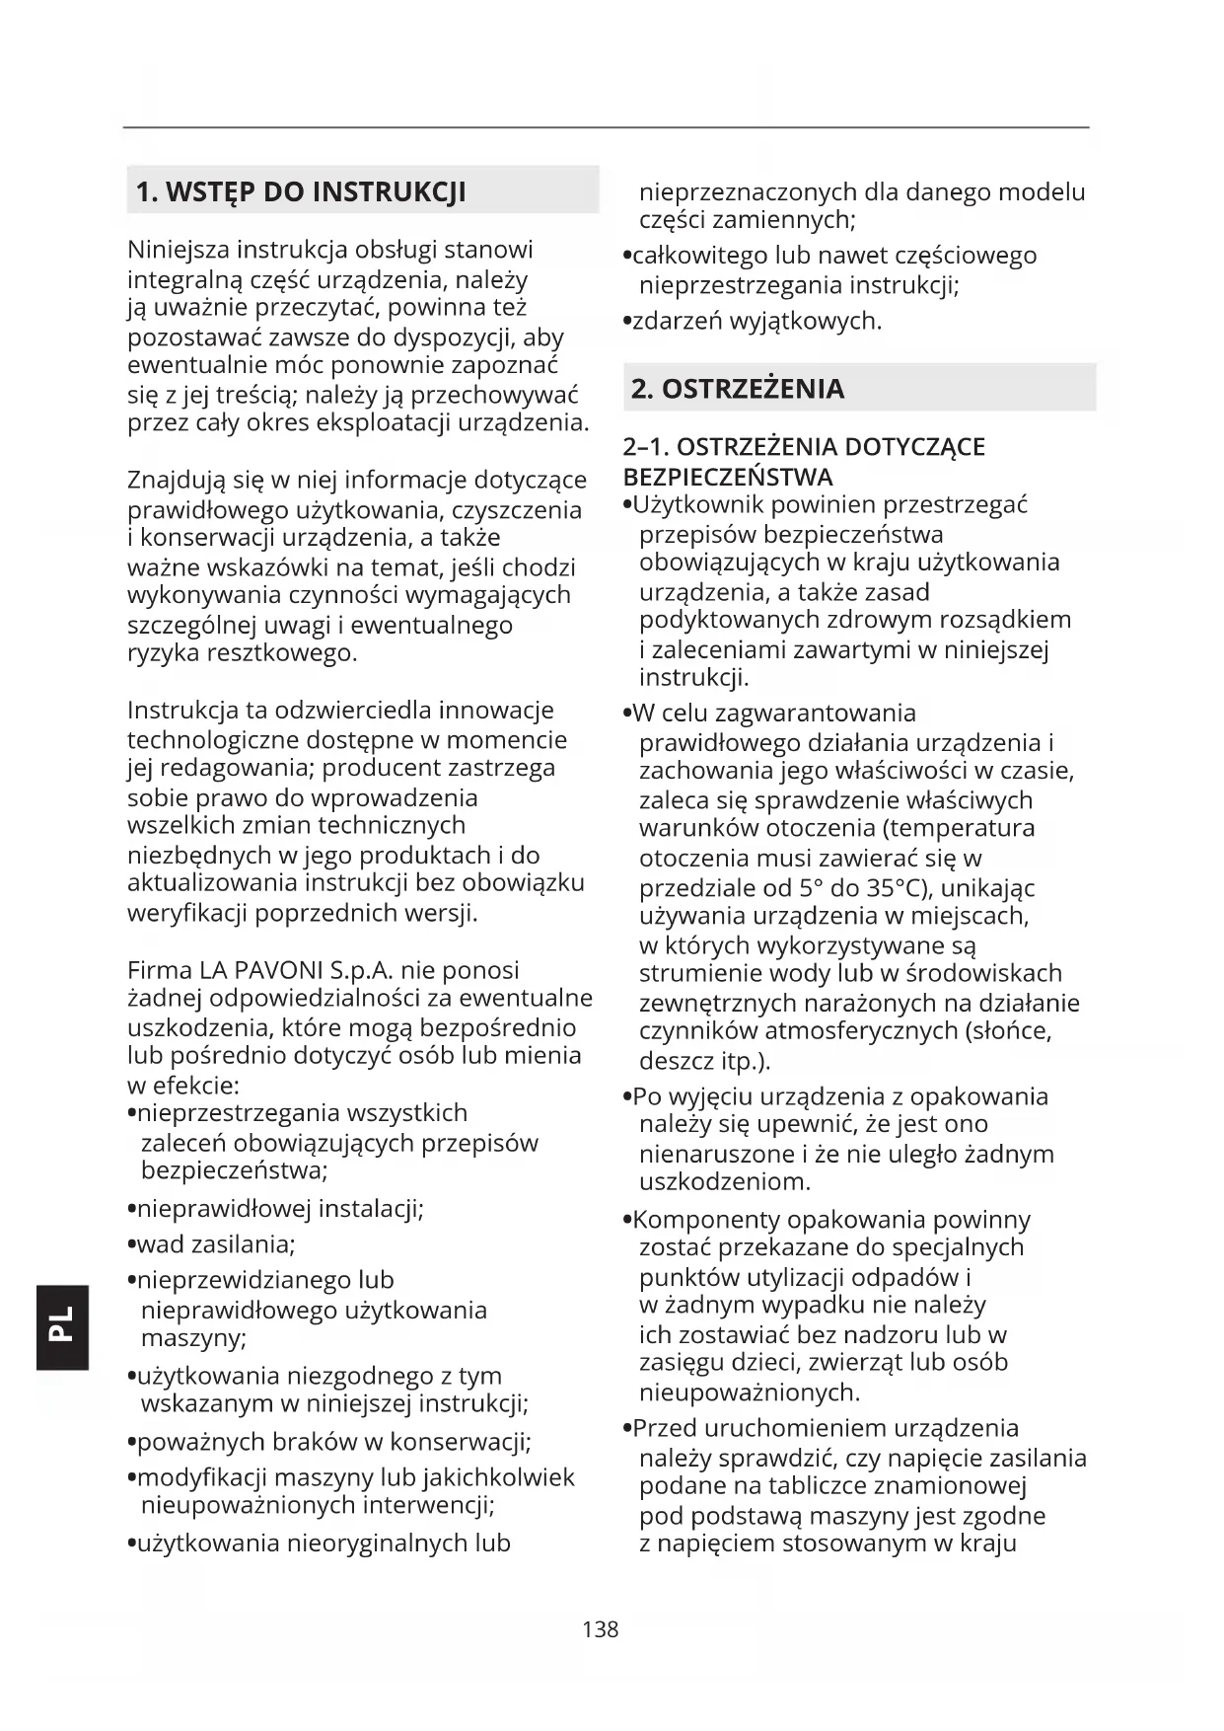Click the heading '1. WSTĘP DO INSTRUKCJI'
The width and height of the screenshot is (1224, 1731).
[300, 191]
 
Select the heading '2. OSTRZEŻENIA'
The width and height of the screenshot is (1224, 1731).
[737, 389]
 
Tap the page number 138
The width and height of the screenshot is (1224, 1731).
[600, 1629]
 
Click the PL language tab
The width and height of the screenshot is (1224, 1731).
[62, 1326]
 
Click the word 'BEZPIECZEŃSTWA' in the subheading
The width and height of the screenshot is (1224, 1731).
[728, 478]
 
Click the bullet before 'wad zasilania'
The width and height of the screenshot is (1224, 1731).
[131, 1245]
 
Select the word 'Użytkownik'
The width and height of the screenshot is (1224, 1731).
[697, 505]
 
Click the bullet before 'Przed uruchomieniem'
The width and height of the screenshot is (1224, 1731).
[627, 1430]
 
